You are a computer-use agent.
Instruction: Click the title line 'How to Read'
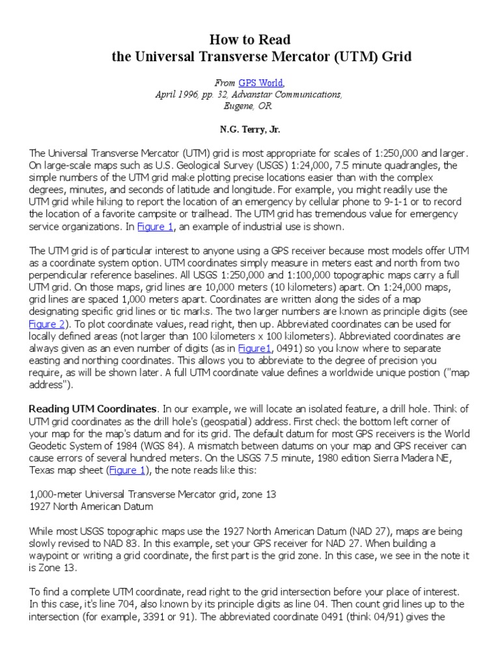[x=249, y=40]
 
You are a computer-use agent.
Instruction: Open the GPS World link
[x=262, y=83]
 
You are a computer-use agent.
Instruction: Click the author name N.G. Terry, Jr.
[x=249, y=129]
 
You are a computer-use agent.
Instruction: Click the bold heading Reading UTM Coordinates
[x=93, y=408]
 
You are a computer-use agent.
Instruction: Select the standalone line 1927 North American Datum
[x=92, y=506]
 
